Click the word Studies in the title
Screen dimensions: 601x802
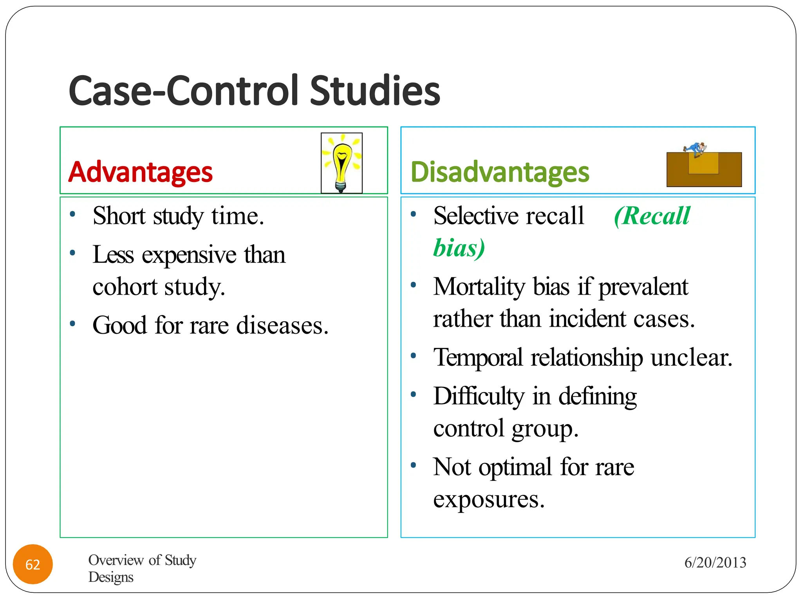pos(375,91)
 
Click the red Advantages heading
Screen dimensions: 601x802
pos(140,172)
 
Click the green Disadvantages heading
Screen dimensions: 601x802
pos(500,172)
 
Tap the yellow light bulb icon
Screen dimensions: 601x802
pos(342,163)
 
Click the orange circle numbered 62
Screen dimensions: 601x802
pos(33,564)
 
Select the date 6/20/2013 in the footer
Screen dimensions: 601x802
pos(715,563)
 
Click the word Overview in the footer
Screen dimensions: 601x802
pos(116,560)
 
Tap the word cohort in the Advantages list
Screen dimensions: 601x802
pos(125,287)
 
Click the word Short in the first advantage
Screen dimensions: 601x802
pos(119,216)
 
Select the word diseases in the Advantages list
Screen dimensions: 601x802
pos(282,326)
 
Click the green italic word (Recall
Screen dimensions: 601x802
pos(652,216)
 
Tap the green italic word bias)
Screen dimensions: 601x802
pos(459,248)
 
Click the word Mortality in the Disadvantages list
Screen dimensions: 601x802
pos(479,287)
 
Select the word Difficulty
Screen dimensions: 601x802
pos(479,396)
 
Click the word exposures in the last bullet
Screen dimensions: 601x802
pos(489,499)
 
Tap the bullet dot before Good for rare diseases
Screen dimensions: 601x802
pos(72,324)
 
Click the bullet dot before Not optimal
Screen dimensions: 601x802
pos(413,465)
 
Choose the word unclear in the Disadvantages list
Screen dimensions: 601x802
pos(691,358)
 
